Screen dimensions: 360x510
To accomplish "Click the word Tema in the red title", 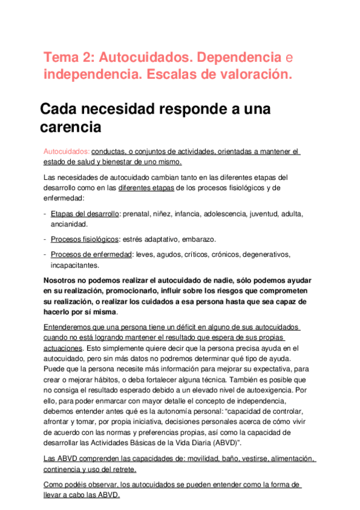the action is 59,58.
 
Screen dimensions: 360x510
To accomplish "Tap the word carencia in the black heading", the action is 70,127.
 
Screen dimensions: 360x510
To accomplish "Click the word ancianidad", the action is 69,224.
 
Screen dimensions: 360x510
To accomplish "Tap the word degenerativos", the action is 261,254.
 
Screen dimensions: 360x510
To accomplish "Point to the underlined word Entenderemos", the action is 70,327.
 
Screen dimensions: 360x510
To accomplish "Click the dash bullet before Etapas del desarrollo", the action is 46,214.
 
